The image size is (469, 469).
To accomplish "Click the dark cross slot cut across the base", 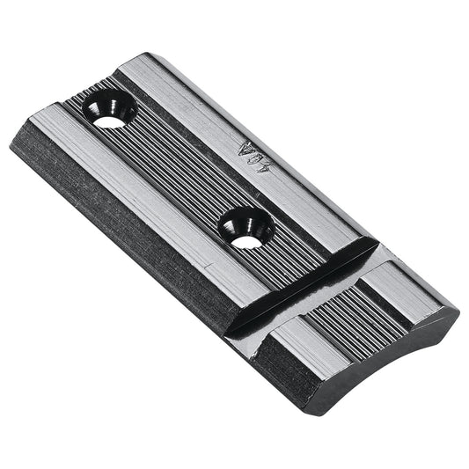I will coord(308,281).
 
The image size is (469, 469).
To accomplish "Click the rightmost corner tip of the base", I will coord(458,310).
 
